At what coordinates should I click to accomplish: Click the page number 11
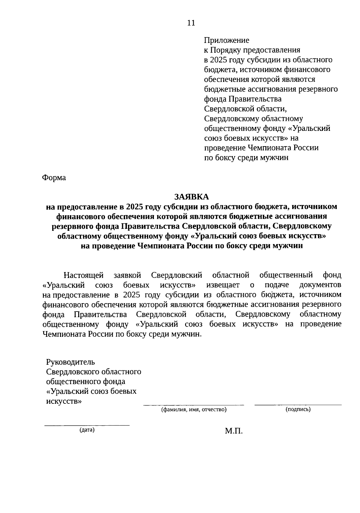coord(191,23)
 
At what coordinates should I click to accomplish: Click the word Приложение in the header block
coord(226,40)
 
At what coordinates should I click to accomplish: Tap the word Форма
coord(54,178)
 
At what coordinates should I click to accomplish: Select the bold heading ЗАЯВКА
coord(191,197)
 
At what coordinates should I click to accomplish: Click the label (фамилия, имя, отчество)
coord(194,409)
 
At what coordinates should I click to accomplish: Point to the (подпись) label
coord(298,409)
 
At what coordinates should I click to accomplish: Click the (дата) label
coord(87,430)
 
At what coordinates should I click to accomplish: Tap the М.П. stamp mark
coord(234,431)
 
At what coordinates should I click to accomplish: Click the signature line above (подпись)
coord(298,405)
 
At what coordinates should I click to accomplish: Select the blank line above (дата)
coord(87,425)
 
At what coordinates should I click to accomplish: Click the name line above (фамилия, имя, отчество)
coord(194,405)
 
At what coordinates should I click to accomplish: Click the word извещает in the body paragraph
coord(223,285)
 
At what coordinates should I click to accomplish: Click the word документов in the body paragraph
coord(320,285)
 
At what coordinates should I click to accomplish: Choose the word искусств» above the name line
coord(64,401)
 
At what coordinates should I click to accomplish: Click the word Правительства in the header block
coord(255,99)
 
